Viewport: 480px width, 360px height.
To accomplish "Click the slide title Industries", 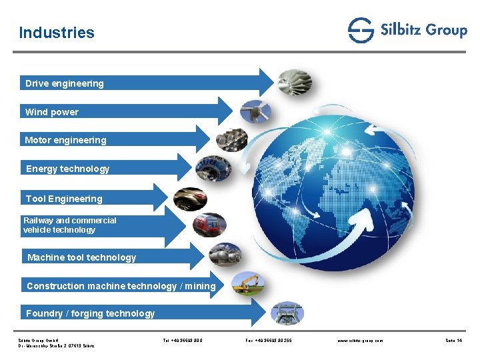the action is tap(57, 33).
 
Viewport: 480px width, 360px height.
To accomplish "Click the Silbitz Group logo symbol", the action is tap(361, 31).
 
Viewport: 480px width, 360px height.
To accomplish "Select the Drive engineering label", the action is tap(65, 83).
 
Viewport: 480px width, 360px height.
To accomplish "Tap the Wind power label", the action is tap(52, 112).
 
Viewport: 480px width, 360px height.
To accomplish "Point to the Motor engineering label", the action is tap(65, 140).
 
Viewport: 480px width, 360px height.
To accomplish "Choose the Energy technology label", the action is tap(67, 169).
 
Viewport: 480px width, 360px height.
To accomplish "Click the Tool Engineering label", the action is tap(64, 199).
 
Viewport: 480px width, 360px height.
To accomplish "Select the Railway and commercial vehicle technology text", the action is tap(69, 225).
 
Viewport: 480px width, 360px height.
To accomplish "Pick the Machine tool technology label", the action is tap(81, 257).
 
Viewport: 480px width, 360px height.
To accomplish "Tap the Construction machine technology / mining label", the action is tap(121, 286).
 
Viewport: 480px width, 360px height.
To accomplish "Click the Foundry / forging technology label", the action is tap(90, 313).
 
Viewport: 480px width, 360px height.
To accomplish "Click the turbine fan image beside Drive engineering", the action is tap(295, 83).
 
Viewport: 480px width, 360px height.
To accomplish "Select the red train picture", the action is tap(209, 225).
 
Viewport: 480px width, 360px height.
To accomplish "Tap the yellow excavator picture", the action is tap(248, 284).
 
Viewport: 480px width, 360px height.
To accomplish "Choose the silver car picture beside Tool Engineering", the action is tap(190, 199).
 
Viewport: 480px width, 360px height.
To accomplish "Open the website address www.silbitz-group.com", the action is tap(361, 341).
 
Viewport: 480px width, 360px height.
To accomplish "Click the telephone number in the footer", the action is tap(183, 341).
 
